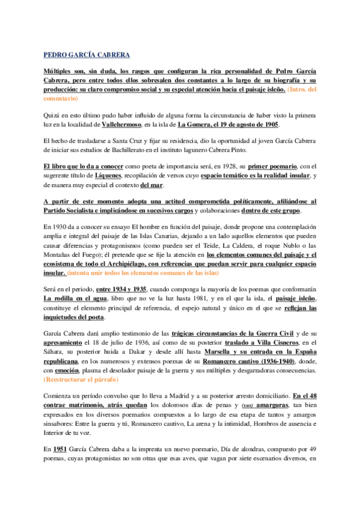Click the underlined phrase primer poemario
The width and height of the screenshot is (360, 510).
[272, 164]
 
